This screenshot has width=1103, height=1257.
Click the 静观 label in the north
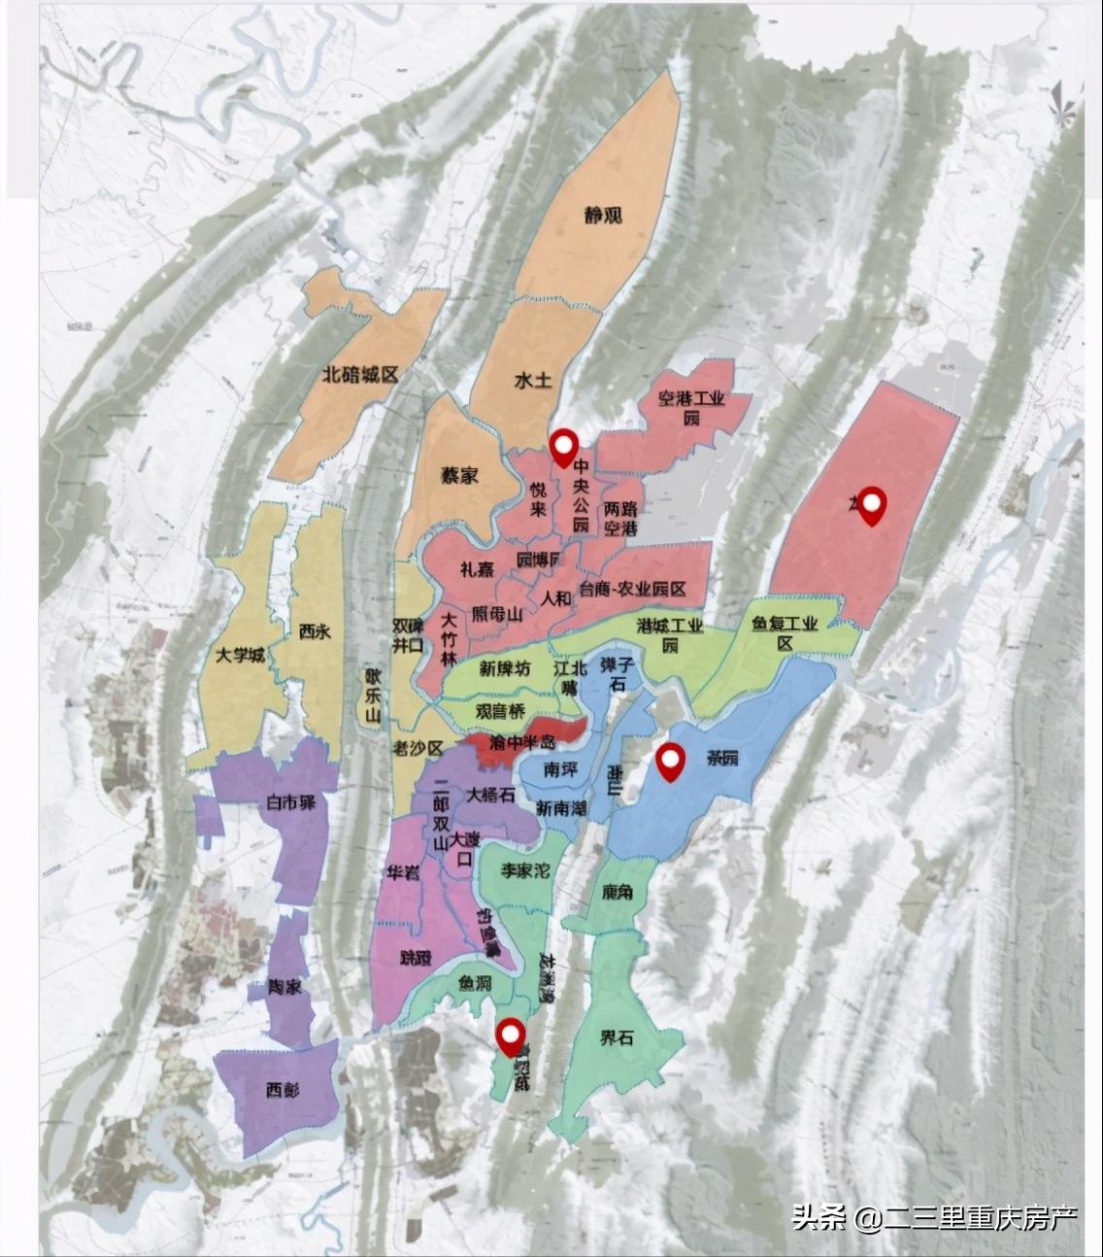[x=603, y=216]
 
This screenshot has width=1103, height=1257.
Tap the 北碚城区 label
[x=360, y=375]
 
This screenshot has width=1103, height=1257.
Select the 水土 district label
[x=533, y=380]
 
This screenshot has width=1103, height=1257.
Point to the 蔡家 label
[x=459, y=476]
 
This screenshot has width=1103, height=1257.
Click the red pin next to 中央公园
[x=562, y=447]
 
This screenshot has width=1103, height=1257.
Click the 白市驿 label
[x=292, y=803]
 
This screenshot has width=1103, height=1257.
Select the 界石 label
[x=616, y=1038]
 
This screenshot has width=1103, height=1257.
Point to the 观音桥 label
[x=500, y=711]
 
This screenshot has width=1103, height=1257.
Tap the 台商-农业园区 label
[x=632, y=590]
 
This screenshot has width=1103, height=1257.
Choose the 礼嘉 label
[x=477, y=570]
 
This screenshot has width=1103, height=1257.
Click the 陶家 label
[x=285, y=987]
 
